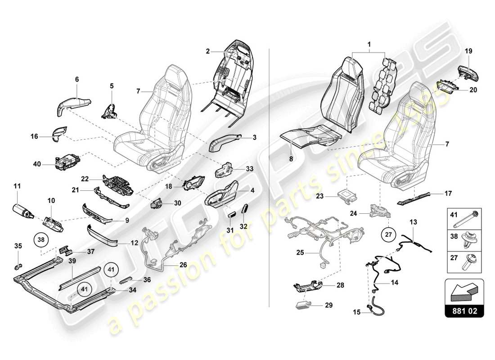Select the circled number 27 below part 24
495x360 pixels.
[x=387, y=234]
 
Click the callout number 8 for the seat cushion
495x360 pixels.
[x=291, y=159]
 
